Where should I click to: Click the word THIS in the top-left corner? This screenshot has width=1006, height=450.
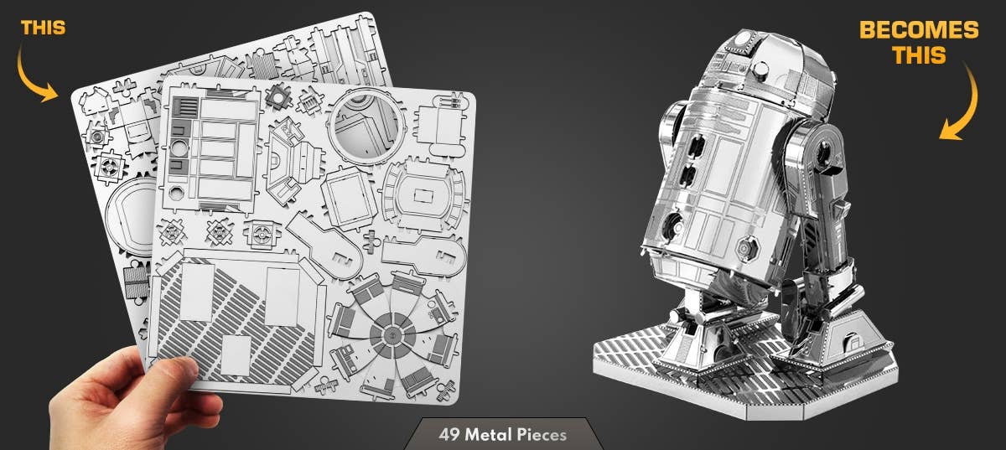(x=43, y=28)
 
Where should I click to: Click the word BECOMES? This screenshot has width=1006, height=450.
(x=918, y=31)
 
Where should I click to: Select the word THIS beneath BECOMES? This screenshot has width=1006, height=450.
(x=918, y=55)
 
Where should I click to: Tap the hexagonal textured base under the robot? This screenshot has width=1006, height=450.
(x=721, y=365)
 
